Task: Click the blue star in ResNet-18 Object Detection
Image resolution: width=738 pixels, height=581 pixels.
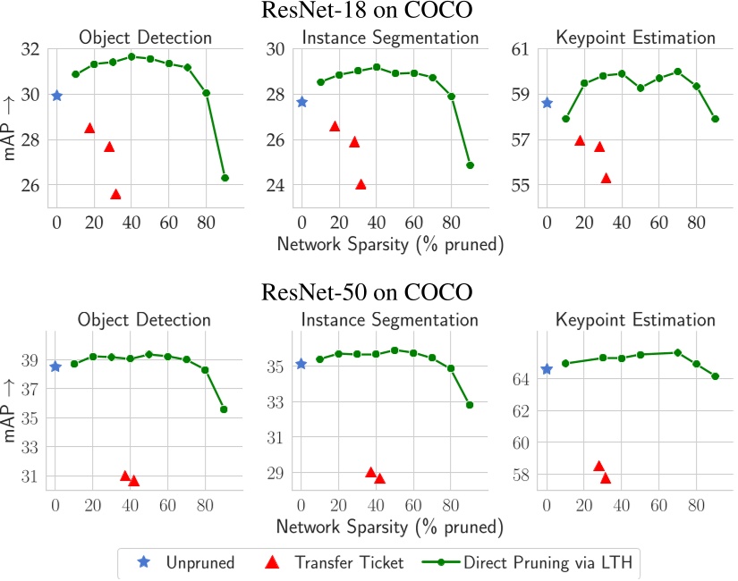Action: tap(56, 96)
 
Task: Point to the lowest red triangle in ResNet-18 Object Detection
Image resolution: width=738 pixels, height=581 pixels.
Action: tap(115, 194)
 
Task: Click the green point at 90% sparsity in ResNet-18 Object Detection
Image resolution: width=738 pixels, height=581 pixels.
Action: tap(225, 178)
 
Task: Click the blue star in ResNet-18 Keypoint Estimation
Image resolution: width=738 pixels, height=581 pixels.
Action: tap(547, 103)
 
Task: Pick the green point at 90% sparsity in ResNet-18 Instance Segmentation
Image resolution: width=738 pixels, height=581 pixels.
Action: tap(470, 165)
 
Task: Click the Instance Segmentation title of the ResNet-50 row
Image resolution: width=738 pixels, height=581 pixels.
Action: tap(390, 319)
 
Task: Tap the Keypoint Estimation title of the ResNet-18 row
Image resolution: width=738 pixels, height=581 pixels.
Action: tap(635, 38)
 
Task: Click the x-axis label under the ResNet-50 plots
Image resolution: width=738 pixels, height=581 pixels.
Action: tap(390, 526)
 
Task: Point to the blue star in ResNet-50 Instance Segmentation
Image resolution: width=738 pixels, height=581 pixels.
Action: tap(301, 364)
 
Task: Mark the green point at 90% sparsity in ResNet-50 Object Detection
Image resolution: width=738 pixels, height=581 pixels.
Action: tap(224, 409)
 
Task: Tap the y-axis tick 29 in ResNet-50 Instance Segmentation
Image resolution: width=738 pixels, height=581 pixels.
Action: tap(276, 474)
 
